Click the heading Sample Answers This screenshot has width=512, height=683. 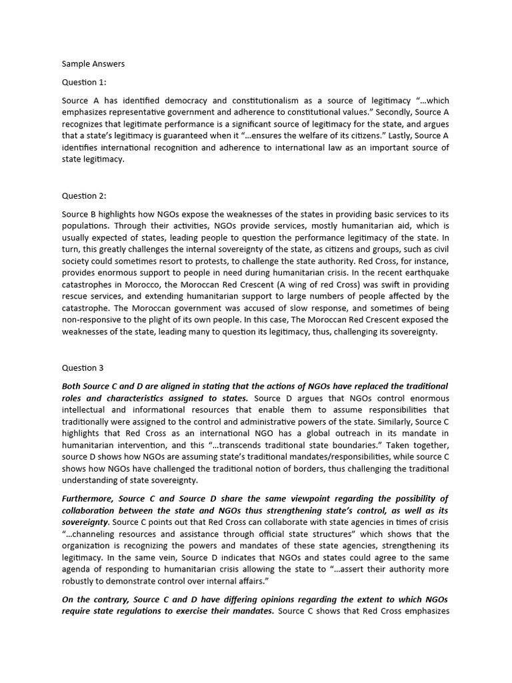coord(93,64)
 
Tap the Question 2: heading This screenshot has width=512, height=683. coord(85,195)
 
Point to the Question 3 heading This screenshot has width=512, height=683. coord(83,368)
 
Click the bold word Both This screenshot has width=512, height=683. coord(73,386)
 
